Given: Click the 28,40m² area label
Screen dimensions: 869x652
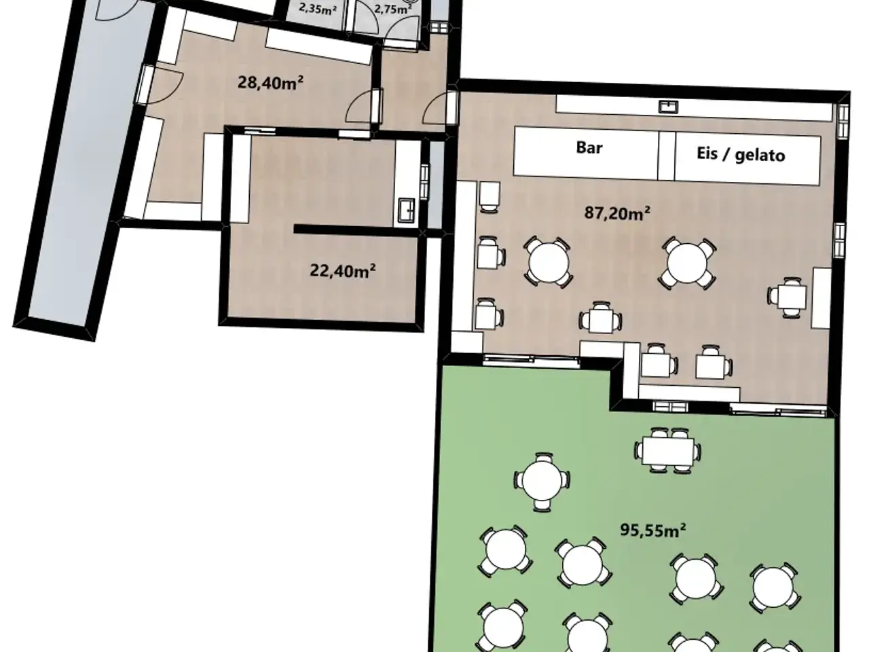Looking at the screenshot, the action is click(x=270, y=83).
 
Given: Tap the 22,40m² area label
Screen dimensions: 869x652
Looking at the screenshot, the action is click(x=342, y=271).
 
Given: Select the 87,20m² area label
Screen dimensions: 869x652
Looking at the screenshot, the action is click(x=617, y=213).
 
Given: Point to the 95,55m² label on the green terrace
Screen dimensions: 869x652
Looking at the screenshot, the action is click(x=653, y=530).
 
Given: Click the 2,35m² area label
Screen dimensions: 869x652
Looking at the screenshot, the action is click(x=318, y=9).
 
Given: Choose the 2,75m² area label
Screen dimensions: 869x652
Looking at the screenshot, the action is click(x=392, y=9).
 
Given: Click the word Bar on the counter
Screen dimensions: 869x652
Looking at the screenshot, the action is click(x=589, y=147).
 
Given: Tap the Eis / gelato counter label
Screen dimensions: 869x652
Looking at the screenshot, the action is click(x=741, y=154).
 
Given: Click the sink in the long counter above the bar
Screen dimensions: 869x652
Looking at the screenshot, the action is click(x=668, y=107).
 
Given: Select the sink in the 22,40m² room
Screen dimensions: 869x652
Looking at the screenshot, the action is click(x=407, y=209).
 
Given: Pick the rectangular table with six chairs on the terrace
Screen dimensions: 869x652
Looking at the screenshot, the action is click(x=668, y=450).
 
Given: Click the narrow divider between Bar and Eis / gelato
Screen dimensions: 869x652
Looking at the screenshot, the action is click(x=667, y=156).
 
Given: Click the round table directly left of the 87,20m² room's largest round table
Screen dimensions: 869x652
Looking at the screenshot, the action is click(x=549, y=262).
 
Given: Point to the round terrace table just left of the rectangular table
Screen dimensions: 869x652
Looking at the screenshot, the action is click(x=542, y=482).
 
